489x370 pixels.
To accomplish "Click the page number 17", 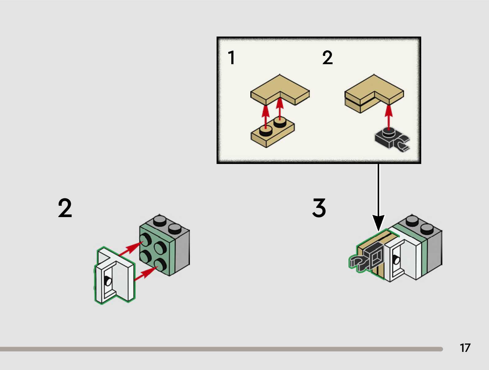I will click(x=465, y=348).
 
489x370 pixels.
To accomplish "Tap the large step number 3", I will click(x=319, y=208).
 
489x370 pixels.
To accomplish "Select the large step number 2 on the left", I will click(x=65, y=208).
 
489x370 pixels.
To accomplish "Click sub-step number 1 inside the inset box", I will click(x=232, y=58).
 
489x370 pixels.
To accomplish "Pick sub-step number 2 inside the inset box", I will click(x=327, y=58).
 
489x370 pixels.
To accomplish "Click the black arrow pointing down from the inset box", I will click(x=378, y=197).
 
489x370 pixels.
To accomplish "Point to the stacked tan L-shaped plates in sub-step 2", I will click(x=374, y=94).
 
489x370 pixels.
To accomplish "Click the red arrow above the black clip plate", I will click(x=389, y=117).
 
